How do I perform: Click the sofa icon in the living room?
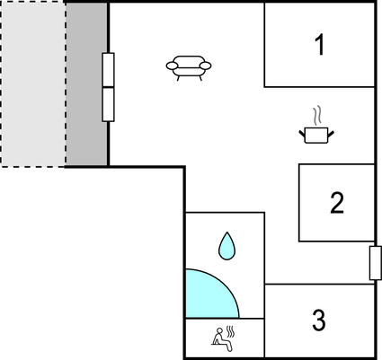[189, 68]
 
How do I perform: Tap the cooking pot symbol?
[316, 135]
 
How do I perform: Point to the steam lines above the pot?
[317, 115]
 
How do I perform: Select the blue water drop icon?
[227, 247]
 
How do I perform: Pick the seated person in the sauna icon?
[222, 340]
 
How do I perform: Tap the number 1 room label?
[320, 44]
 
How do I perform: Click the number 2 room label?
[337, 203]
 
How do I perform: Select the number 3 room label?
[319, 320]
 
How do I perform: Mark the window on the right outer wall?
[375, 263]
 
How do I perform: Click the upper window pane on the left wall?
[108, 70]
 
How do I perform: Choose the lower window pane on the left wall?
[108, 104]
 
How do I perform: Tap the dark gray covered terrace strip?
[86, 83]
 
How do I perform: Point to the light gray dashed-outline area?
[33, 83]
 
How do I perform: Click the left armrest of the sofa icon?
[173, 66]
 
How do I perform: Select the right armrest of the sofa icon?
[206, 66]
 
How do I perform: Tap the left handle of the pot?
[302, 134]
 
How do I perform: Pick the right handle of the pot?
[331, 134]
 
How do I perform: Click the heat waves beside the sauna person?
[230, 331]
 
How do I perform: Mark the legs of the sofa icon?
[190, 78]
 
